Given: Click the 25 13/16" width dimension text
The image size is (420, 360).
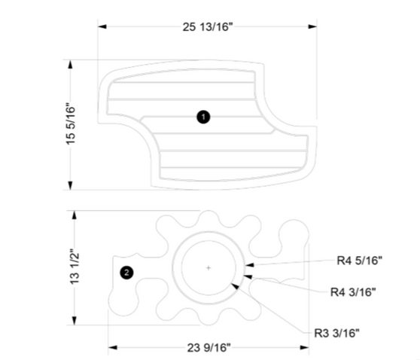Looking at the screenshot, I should click(x=208, y=27).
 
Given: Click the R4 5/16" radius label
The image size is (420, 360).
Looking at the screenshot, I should click(x=359, y=261).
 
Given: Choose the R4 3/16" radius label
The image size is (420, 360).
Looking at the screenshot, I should click(x=354, y=291).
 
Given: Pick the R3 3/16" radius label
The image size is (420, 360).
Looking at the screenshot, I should click(x=337, y=331).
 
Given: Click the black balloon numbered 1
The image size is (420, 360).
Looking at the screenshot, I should click(x=202, y=117).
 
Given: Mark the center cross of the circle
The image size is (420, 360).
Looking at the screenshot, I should click(x=208, y=267).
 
